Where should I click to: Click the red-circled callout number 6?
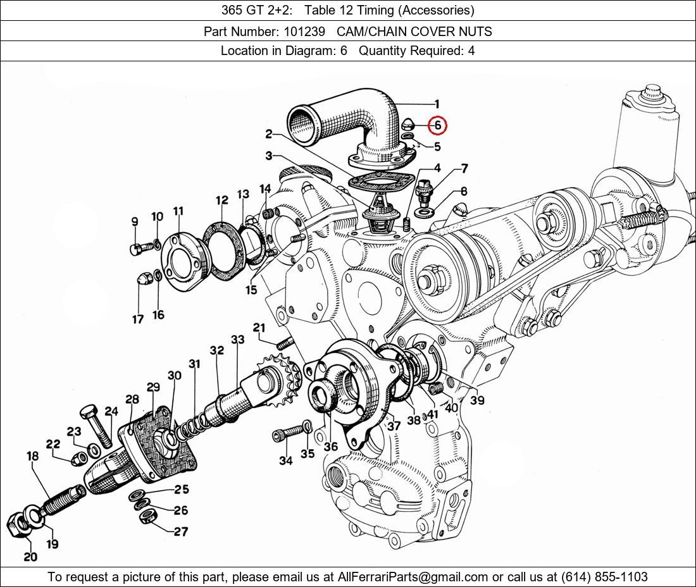437,125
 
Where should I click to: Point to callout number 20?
30,557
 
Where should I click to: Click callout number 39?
478,400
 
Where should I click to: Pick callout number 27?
181,531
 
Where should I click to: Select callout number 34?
286,460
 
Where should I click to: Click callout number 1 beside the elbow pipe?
437,104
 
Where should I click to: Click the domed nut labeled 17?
144,279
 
